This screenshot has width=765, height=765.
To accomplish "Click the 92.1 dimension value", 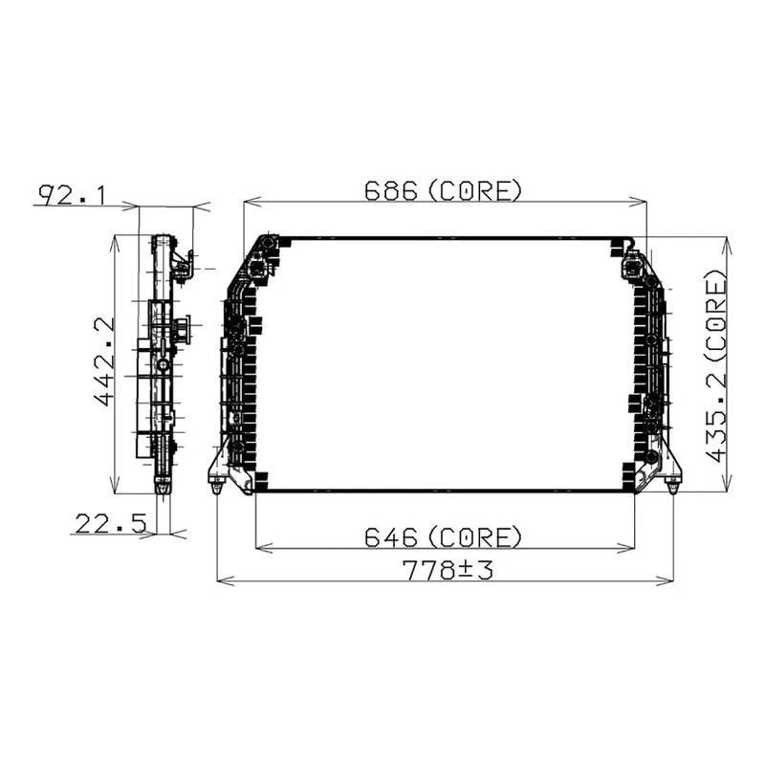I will coord(72,195).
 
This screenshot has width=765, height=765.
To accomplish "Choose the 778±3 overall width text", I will coord(447,571).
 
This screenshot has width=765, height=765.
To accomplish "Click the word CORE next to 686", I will coord(474,190).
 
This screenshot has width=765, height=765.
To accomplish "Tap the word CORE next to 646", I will coord(474,537).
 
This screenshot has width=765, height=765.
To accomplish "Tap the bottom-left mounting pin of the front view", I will coord(217,488).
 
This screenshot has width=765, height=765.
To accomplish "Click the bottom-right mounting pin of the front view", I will coord(672,488).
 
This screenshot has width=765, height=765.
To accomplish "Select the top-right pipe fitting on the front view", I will coord(631,262).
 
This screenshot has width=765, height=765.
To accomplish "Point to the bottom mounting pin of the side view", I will coord(164,489).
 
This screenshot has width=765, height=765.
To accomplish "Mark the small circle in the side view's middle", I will coord(164,365).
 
